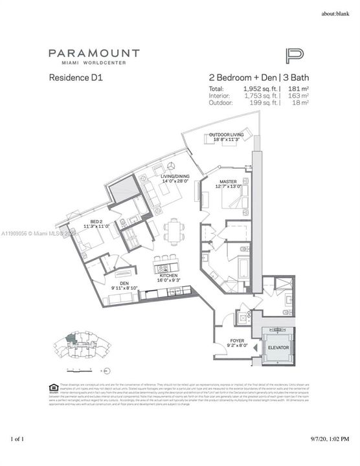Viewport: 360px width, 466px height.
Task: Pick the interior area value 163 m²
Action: click(299, 95)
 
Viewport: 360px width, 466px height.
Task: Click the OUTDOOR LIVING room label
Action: click(226, 137)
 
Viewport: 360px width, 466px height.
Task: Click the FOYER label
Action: click(237, 340)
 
